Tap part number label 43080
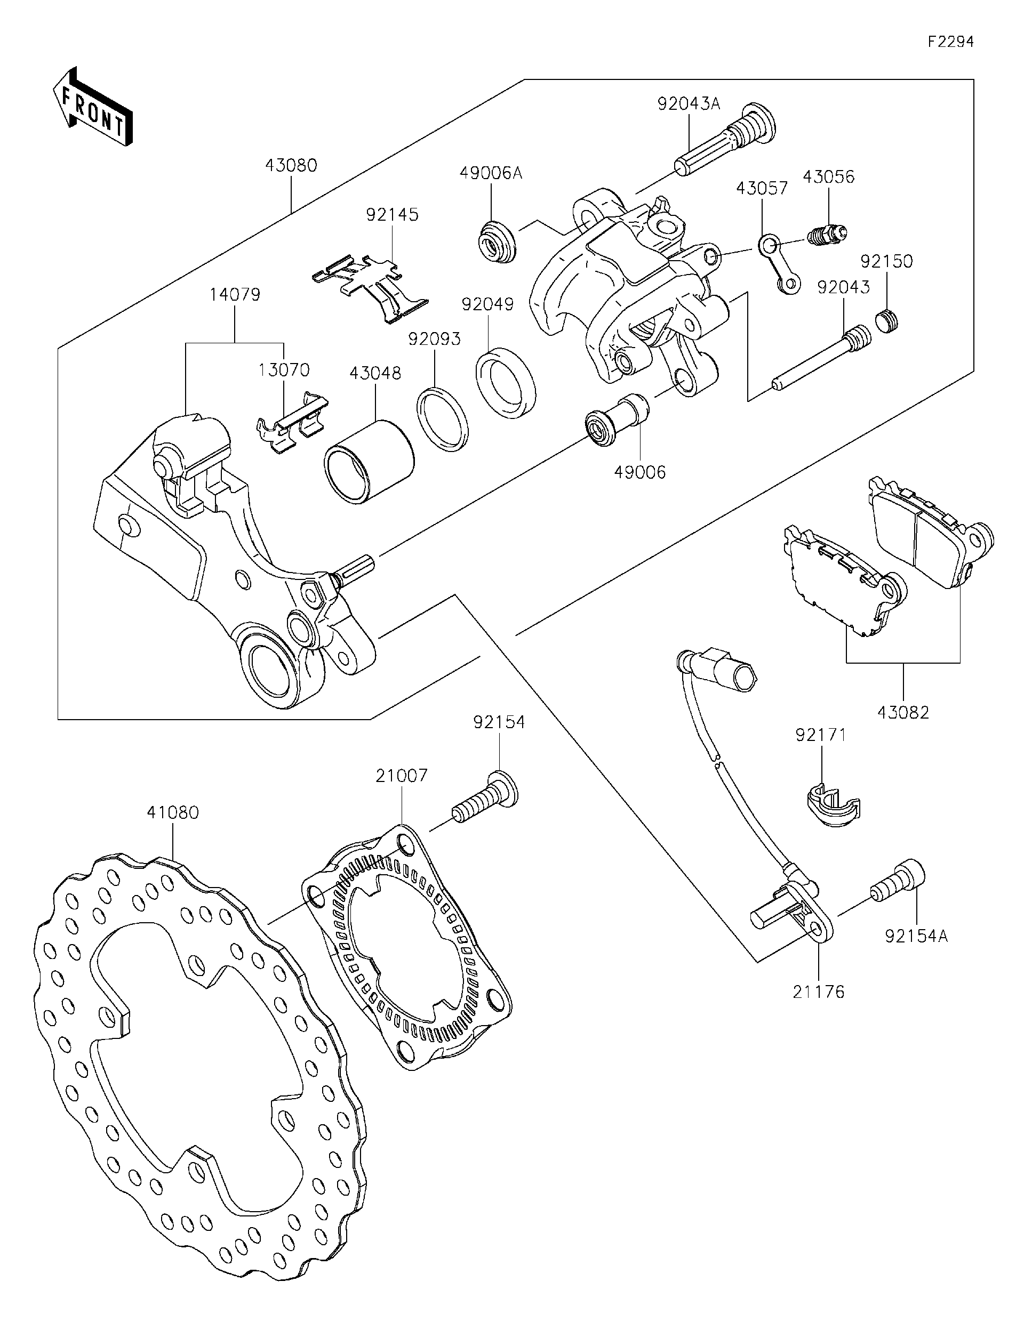291,165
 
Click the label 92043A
689,104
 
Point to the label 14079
235,295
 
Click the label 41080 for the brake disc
173,812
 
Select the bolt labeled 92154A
899,883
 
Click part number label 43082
903,713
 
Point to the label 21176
818,992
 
